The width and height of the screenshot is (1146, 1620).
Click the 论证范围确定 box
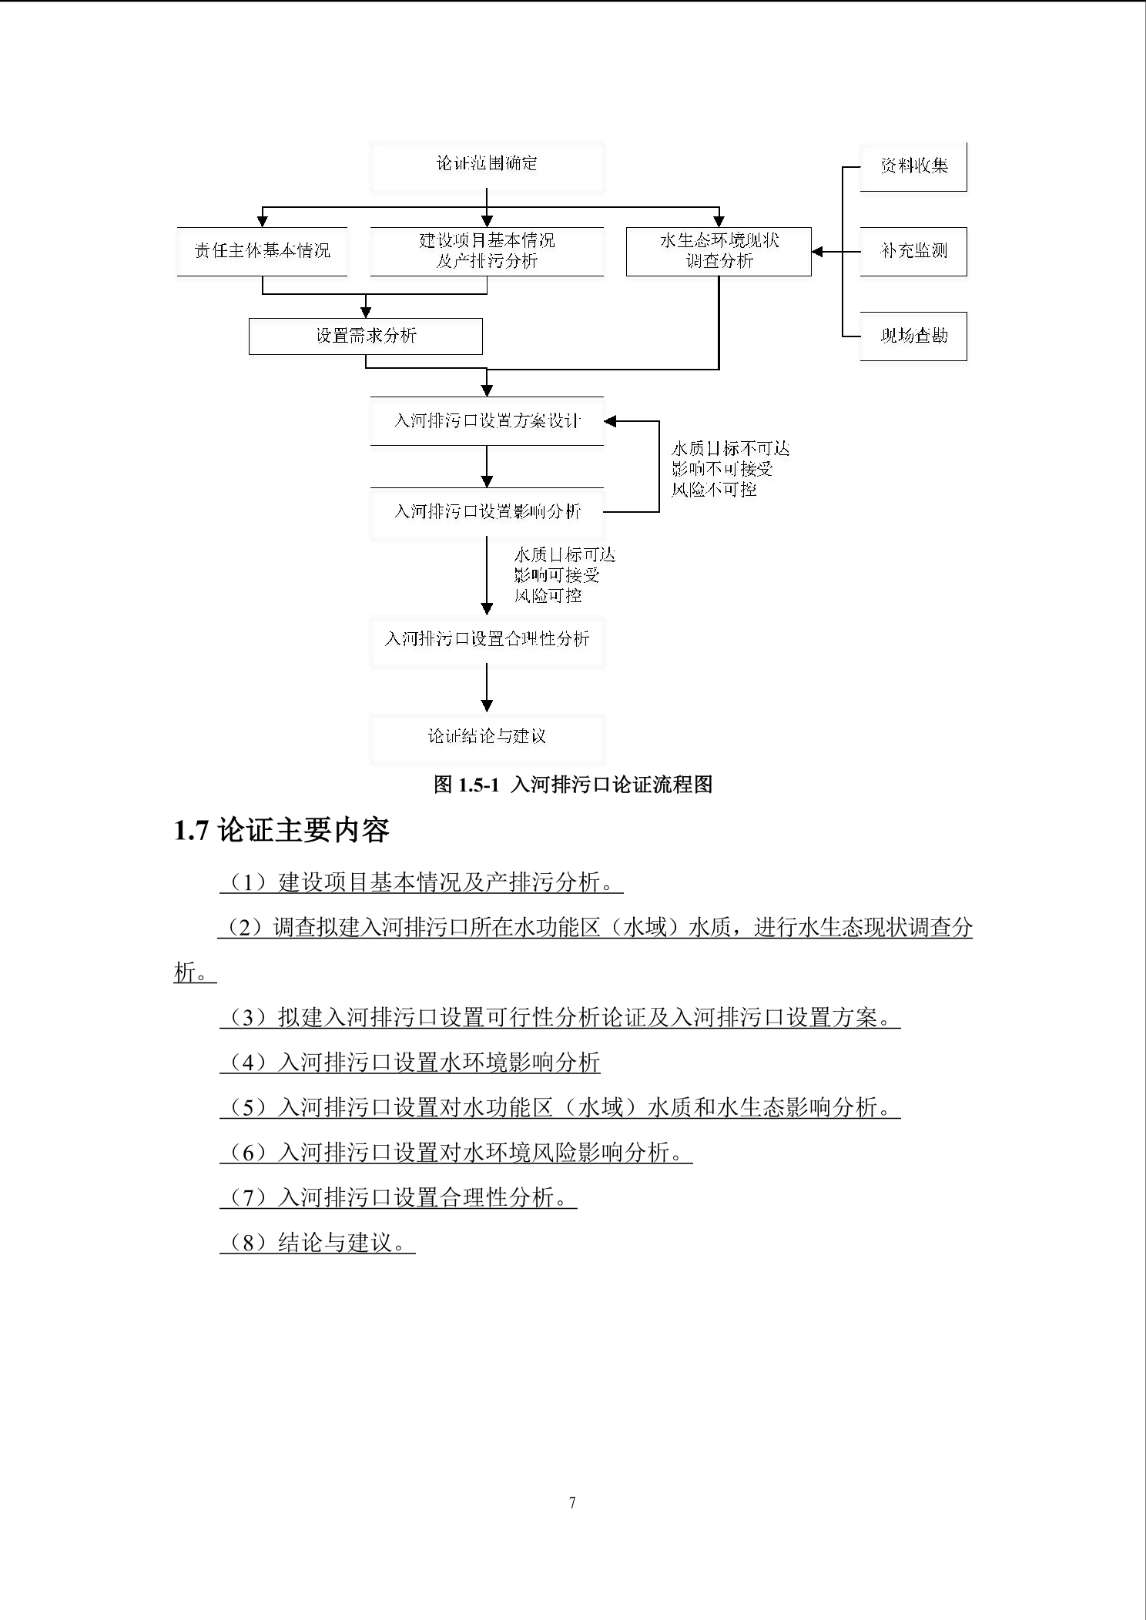point(487,165)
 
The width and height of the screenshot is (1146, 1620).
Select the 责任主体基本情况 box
point(262,251)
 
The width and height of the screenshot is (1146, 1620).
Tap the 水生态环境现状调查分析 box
point(719,251)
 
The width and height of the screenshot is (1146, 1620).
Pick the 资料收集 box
point(913,166)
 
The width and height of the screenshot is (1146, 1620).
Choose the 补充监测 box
point(913,251)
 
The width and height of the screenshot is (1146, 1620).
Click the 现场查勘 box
point(913,336)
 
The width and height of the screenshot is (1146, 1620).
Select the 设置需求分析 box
point(366,336)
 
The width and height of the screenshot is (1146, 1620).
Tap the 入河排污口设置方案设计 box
point(487,421)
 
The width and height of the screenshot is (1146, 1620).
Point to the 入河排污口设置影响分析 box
point(487,511)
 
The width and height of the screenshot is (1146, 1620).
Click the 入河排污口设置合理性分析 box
point(487,639)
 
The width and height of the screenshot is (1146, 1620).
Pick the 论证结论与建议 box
point(487,737)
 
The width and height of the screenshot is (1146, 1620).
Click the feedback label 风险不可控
point(714,490)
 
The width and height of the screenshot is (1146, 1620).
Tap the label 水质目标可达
point(565,555)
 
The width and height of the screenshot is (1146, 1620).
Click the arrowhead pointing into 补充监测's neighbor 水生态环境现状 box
point(818,252)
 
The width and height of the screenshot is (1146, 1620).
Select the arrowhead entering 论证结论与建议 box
point(487,705)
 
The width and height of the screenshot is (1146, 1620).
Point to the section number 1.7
point(191,831)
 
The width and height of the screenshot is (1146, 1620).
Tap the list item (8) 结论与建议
point(317,1243)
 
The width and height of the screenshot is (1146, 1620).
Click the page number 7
point(572,1502)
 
